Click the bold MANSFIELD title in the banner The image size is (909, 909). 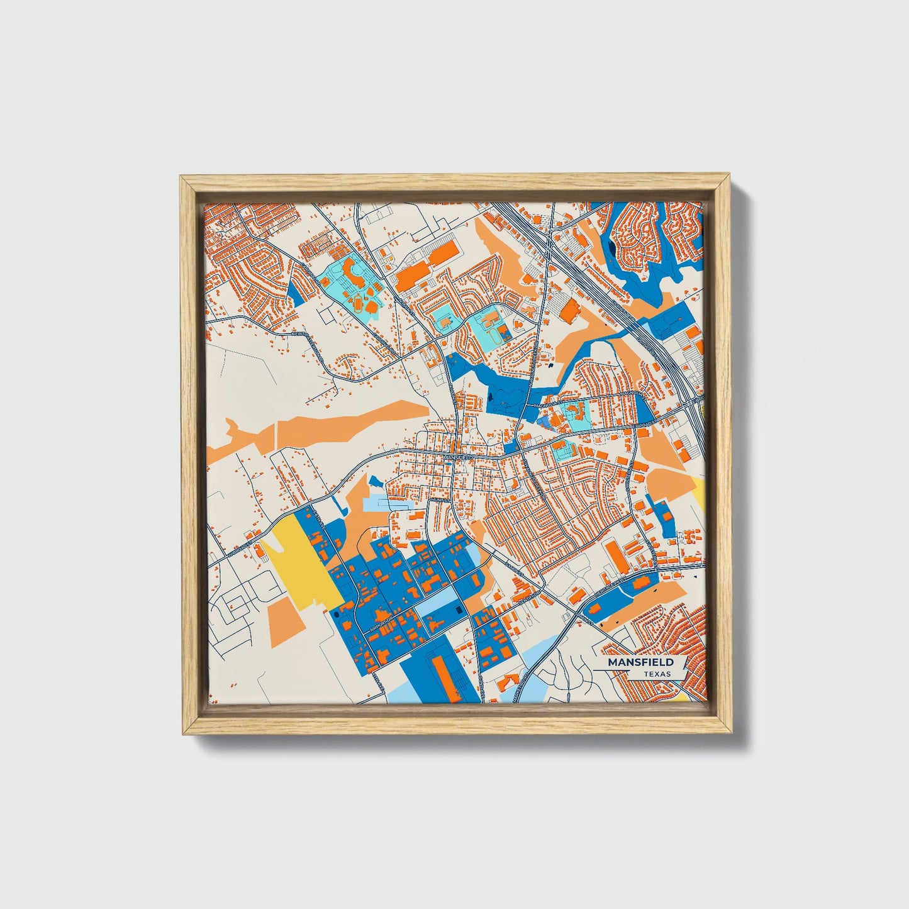pyautogui.click(x=640, y=662)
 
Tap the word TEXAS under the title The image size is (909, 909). pyautogui.click(x=657, y=674)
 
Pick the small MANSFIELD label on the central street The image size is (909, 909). pyautogui.click(x=457, y=457)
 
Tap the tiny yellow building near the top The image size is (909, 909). pyautogui.click(x=391, y=257)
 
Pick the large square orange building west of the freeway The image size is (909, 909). pyautogui.click(x=570, y=311)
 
